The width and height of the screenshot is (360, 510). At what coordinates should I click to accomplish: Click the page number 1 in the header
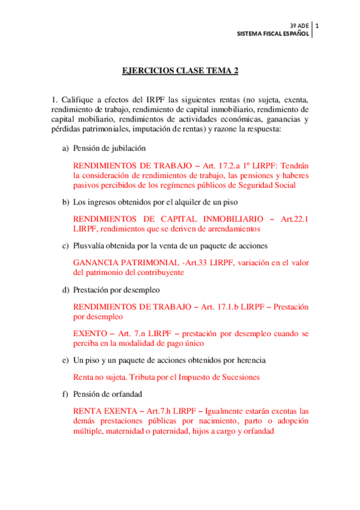(317, 26)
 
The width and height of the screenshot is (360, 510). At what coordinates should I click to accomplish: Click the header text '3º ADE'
(299, 26)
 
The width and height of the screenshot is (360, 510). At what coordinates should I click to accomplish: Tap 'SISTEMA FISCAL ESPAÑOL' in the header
(273, 34)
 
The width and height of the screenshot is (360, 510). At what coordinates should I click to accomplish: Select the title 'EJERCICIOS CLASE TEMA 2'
(180, 70)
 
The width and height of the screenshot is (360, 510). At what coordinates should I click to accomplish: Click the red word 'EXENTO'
(90, 333)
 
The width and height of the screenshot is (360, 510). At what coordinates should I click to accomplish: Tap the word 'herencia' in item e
(250, 360)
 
